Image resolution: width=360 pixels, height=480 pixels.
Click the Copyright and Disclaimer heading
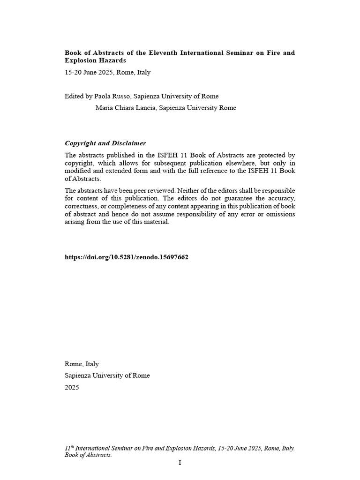[x=105, y=143]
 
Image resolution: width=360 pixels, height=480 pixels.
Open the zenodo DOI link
[x=127, y=257]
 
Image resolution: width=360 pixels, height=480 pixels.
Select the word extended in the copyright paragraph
[x=115, y=171]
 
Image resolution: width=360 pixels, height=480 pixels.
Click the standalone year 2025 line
[x=72, y=387]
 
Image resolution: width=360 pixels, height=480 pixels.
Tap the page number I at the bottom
[x=180, y=463]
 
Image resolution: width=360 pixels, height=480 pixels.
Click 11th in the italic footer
[x=69, y=448]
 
